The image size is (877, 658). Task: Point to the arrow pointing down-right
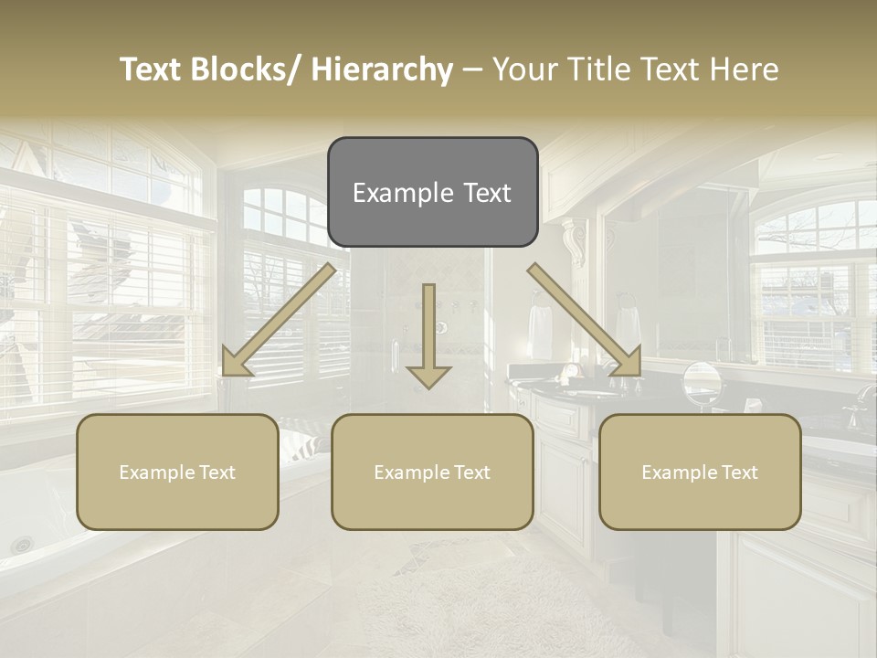point(585,321)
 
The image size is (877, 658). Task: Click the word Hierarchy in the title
point(382,69)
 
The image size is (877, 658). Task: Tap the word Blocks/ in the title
point(250,69)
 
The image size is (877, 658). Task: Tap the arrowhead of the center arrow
point(428,375)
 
